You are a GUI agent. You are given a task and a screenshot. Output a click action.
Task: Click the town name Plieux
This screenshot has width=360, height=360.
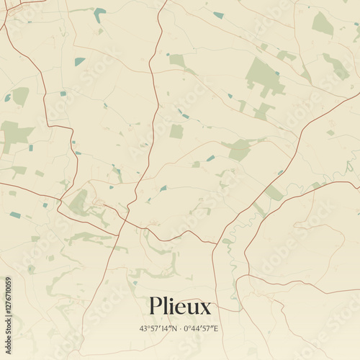[180, 307]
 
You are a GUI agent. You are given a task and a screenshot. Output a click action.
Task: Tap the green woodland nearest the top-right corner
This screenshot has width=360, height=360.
[323, 24]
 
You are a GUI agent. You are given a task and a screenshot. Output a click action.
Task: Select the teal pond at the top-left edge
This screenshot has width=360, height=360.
[99, 12]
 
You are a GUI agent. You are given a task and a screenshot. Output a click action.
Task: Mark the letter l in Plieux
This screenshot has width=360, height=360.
[165, 306]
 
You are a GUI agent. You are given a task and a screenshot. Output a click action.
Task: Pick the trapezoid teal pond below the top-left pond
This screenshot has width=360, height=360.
[79, 61]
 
